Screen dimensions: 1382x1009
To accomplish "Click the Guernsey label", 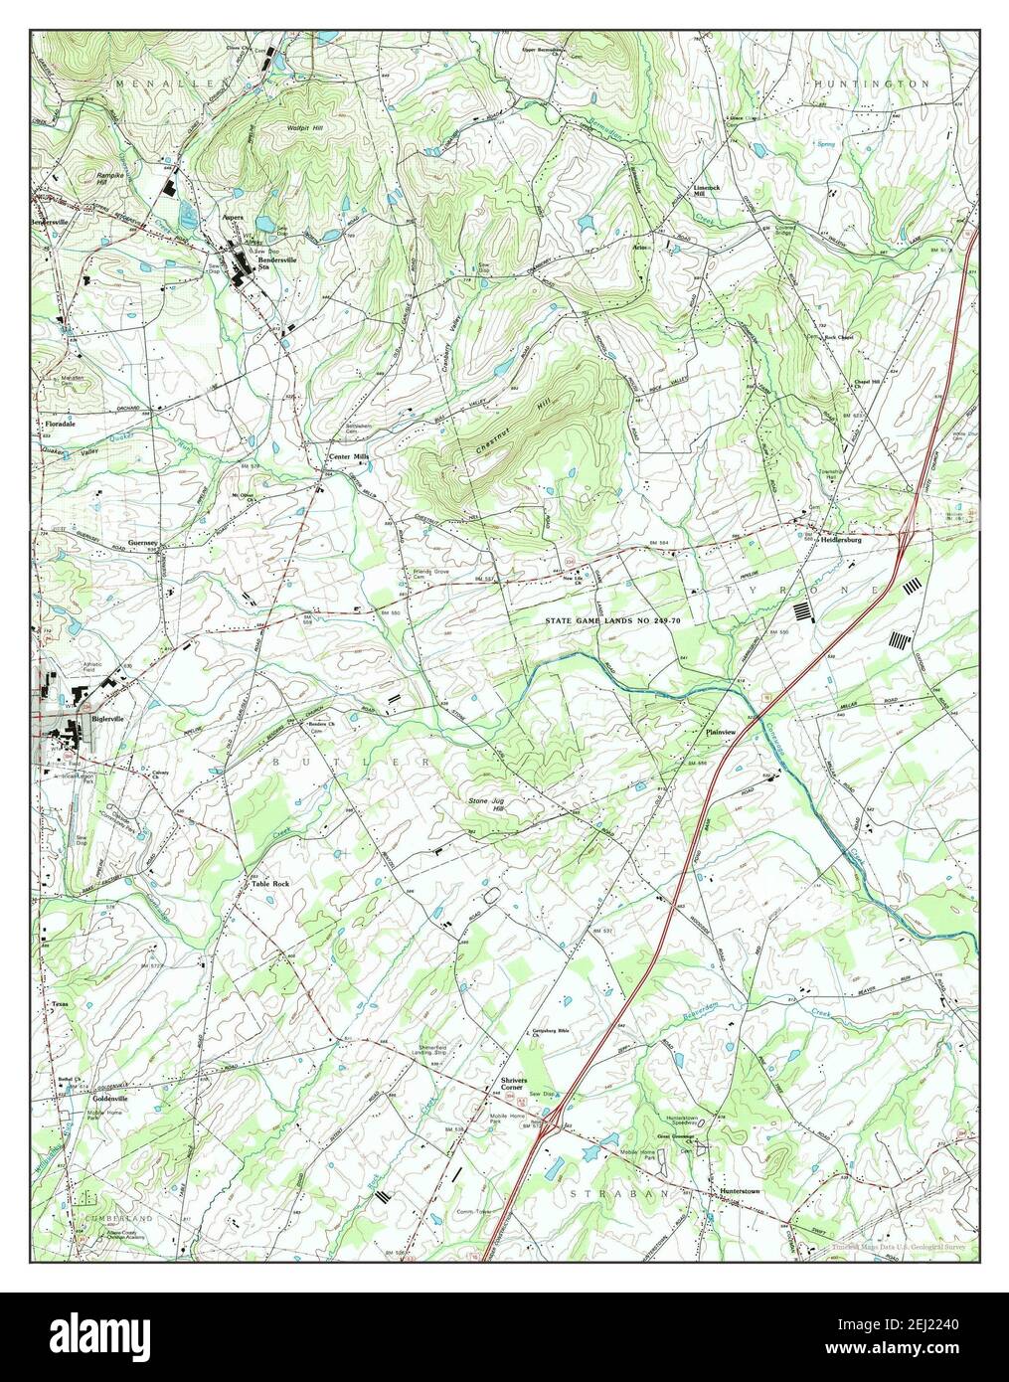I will point(143,543).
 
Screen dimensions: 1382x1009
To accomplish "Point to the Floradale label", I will point(61,424).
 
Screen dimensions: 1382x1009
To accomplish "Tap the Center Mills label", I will point(349,458).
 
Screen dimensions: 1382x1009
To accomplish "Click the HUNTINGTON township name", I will point(871,85).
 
